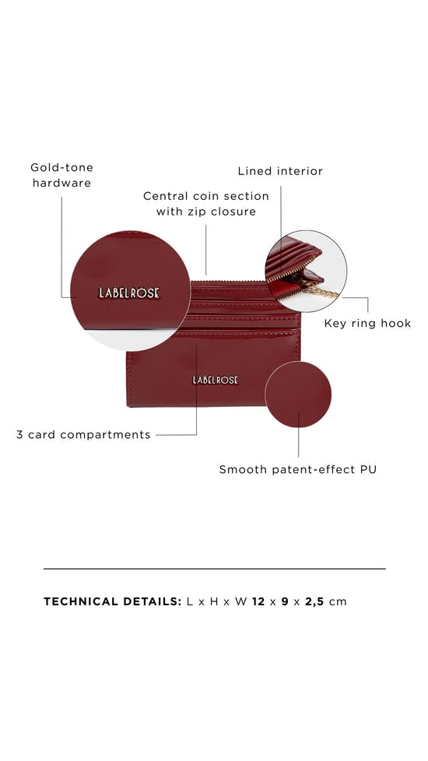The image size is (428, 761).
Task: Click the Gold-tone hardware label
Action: point(61,175)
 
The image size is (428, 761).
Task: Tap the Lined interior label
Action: point(280,171)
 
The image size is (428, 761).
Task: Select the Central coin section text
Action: point(205,196)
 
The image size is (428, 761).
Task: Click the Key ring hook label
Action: point(367,323)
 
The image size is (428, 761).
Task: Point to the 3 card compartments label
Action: point(83,435)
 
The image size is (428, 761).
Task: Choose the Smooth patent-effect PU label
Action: point(297,469)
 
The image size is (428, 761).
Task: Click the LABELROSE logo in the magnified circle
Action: point(129,293)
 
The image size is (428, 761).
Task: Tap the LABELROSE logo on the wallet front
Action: point(216,380)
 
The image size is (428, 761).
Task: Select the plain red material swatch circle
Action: point(298,395)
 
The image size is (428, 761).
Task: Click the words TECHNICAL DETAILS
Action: point(112,601)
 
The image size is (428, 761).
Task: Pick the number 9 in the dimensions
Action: point(285,601)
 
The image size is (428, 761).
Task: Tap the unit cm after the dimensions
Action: point(338,601)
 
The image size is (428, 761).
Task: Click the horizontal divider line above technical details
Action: point(214,569)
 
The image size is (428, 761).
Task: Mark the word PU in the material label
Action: point(367,469)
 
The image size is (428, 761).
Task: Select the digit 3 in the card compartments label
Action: point(20,435)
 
